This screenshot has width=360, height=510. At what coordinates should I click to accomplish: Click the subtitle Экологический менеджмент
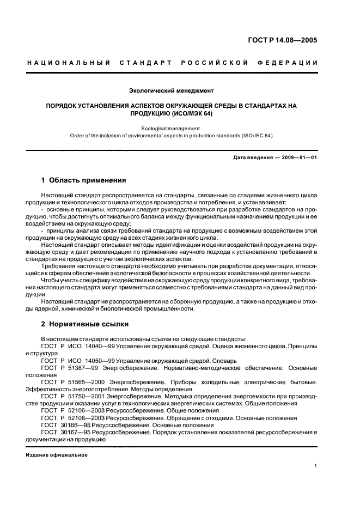click(171, 89)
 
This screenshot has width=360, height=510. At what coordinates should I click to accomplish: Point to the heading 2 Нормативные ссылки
click(85, 324)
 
